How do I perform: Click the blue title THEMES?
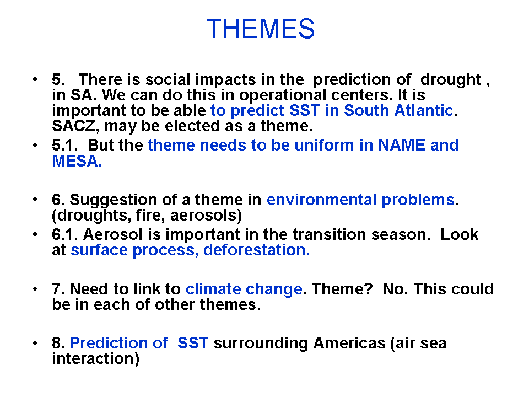(260, 29)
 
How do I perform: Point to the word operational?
(283, 95)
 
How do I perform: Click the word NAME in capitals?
(402, 145)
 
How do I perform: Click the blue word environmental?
(321, 200)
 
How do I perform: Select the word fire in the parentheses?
(148, 215)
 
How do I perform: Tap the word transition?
(329, 234)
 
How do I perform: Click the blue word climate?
(213, 289)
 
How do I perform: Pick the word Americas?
(349, 343)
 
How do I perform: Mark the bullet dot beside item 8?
(35, 343)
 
